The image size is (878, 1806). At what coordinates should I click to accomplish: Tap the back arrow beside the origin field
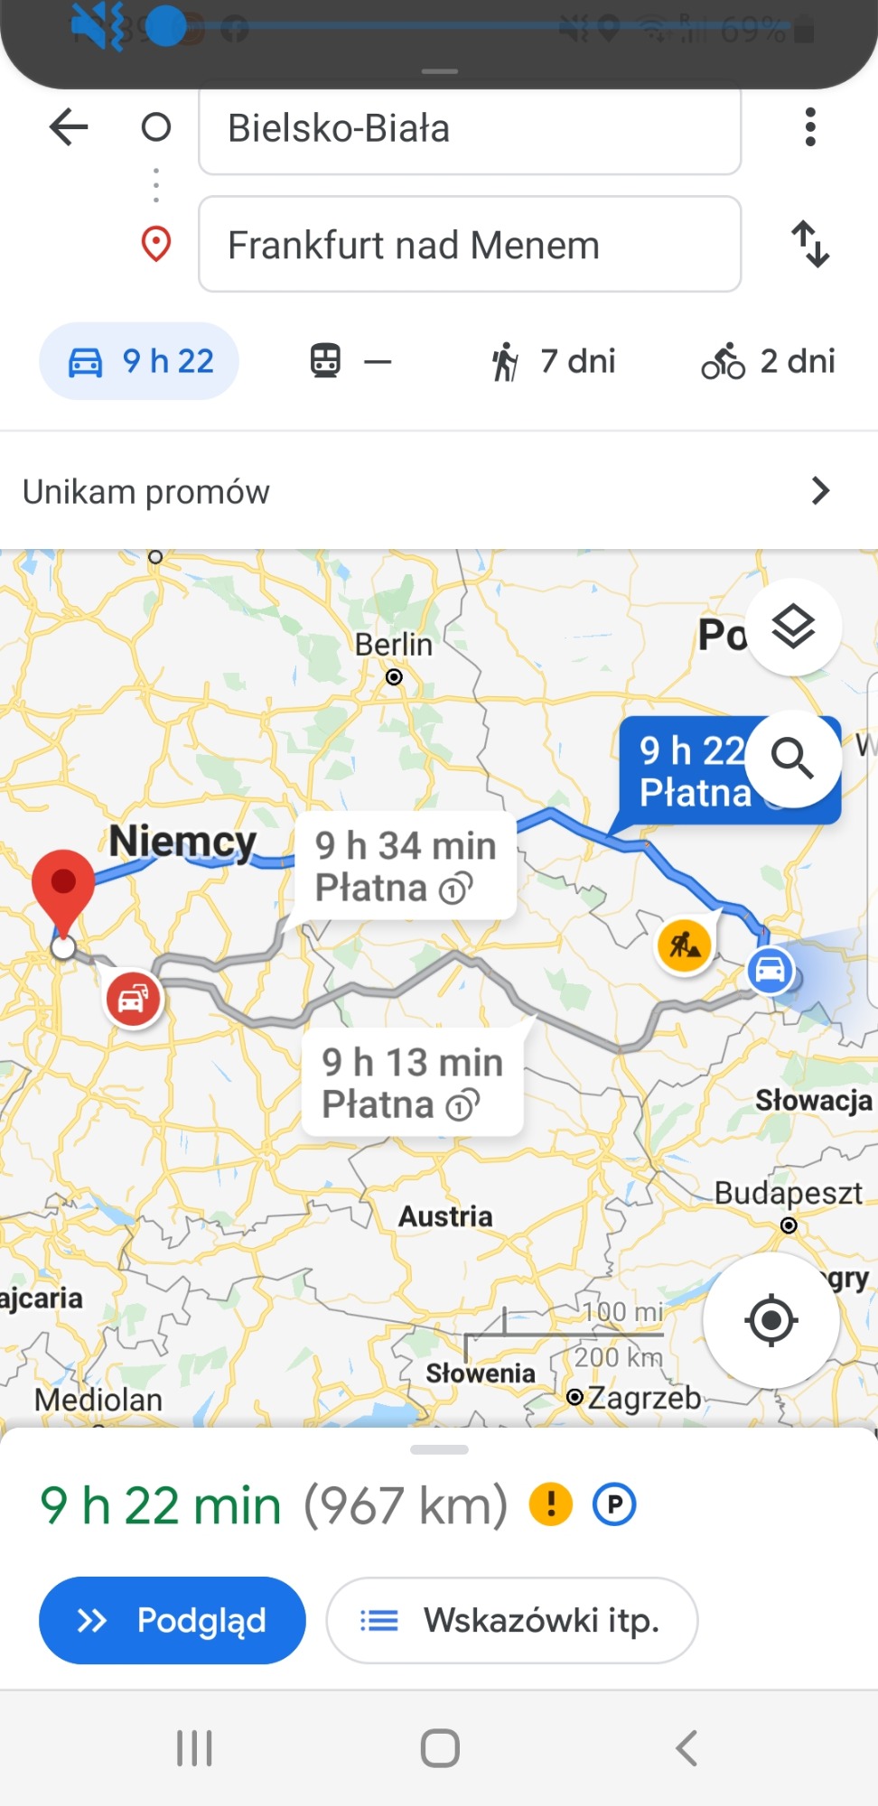(69, 127)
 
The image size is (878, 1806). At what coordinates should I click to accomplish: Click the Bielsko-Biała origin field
(469, 128)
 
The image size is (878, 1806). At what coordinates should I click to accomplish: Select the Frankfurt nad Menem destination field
(469, 245)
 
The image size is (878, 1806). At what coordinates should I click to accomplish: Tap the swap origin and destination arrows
(810, 244)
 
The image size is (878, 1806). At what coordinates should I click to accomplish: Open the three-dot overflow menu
(810, 127)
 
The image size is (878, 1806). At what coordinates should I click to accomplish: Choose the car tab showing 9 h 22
(139, 361)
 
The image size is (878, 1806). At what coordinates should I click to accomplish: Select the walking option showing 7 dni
(554, 361)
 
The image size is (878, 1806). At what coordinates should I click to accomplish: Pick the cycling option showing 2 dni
(768, 361)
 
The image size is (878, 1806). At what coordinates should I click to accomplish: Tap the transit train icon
(326, 361)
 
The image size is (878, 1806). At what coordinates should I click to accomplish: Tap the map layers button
(793, 627)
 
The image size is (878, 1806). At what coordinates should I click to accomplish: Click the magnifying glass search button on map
(792, 759)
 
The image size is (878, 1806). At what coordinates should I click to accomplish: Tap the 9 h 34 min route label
(406, 866)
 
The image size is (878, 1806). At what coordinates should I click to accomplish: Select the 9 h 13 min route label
(412, 1083)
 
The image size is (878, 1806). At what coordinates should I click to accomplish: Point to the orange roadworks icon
(685, 945)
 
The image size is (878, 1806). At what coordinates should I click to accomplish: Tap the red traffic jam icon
(134, 1000)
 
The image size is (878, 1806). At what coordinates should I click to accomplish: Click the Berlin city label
(393, 645)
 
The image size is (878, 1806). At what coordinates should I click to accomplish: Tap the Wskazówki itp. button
(511, 1620)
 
